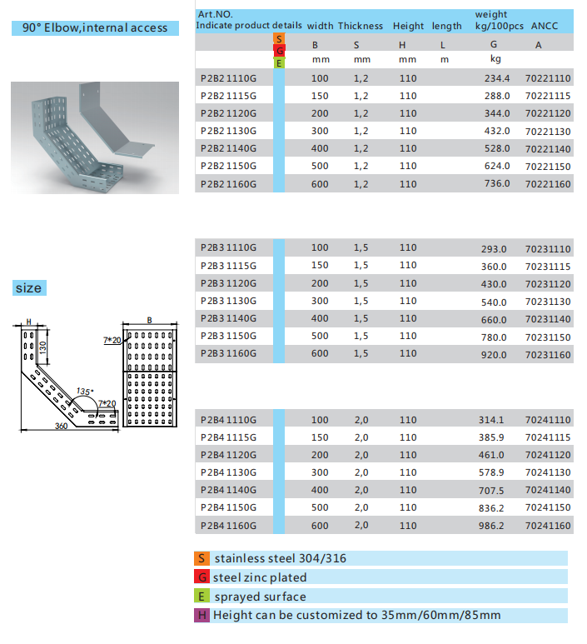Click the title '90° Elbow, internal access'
click(x=95, y=27)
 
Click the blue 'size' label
click(x=27, y=288)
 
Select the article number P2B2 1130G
click(x=229, y=131)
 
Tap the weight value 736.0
click(x=497, y=183)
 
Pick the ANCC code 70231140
click(x=548, y=319)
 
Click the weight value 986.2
click(x=492, y=525)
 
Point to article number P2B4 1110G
click(x=229, y=420)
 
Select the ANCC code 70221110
click(x=548, y=78)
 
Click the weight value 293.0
click(x=494, y=249)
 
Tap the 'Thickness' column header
click(x=360, y=26)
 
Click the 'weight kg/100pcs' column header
click(x=498, y=20)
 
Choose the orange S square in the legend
click(x=201, y=558)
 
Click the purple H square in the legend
click(x=201, y=616)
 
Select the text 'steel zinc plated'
click(x=260, y=577)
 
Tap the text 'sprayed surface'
click(x=260, y=597)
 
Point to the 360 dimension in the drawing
click(x=61, y=427)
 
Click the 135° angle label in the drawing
click(x=84, y=391)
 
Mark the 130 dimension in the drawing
click(x=42, y=347)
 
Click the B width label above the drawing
click(x=148, y=319)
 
